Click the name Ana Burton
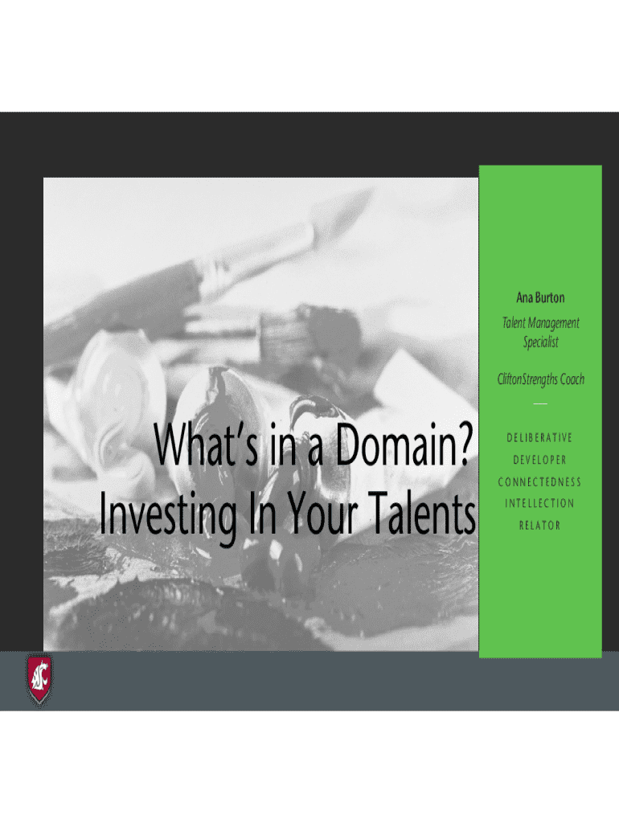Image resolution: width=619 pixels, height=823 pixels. [x=540, y=297]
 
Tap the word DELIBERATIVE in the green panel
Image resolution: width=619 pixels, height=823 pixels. [x=539, y=438]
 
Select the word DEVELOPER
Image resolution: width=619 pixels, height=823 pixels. [x=539, y=460]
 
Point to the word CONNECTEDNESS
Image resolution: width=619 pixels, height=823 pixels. [x=539, y=482]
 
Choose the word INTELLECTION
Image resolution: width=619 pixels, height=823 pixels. [x=539, y=503]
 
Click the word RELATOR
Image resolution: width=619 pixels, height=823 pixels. [x=539, y=526]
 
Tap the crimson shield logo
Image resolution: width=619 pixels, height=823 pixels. [x=39, y=679]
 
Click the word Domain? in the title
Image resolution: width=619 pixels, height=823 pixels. [x=404, y=444]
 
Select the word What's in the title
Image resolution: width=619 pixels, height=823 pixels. [x=207, y=444]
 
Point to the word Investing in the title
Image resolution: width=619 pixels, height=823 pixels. [x=168, y=514]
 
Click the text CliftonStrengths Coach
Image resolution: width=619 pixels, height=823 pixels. [x=541, y=379]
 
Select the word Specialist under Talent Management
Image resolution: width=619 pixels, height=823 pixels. [x=541, y=342]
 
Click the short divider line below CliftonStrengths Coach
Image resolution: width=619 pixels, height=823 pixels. [x=540, y=403]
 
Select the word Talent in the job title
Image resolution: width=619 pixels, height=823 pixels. [x=514, y=323]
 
